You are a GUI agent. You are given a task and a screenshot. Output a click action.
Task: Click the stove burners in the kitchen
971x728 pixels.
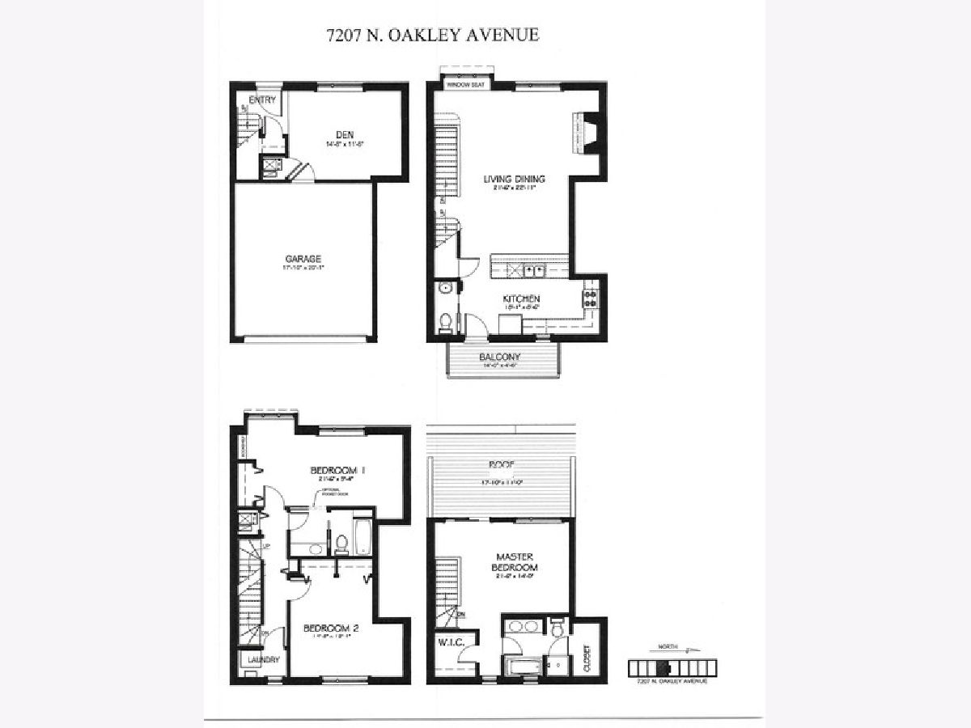coord(591,298)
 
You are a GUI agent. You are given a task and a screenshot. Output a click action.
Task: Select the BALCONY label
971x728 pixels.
coord(499,357)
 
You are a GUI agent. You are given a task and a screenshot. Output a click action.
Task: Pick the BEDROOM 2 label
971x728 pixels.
coord(330,629)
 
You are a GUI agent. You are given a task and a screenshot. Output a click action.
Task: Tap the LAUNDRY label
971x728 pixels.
coord(261,660)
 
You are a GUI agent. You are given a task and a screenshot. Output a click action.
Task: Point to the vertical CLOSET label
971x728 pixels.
coord(587,658)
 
